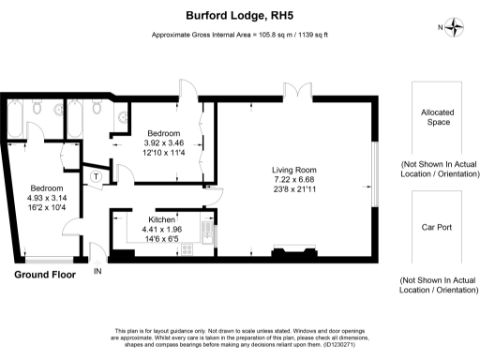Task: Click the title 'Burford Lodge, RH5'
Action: tap(240, 16)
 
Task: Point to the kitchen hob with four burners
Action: tap(186, 249)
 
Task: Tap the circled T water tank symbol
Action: tap(95, 175)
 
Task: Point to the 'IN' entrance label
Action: tap(98, 272)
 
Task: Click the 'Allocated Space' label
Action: tap(436, 116)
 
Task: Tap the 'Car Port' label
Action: tap(436, 228)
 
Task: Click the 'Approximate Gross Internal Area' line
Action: tap(240, 36)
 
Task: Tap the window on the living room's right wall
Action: tap(373, 173)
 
